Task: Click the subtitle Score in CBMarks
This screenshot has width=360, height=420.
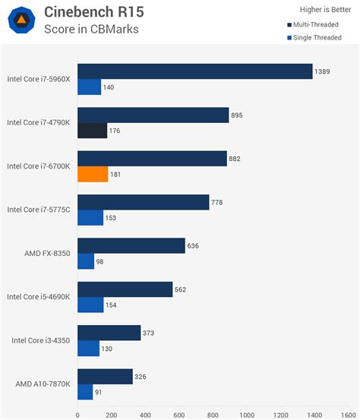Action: pyautogui.click(x=91, y=30)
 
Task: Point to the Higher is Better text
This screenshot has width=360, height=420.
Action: pyautogui.click(x=322, y=10)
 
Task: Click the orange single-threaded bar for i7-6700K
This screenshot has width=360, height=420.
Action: pyautogui.click(x=93, y=174)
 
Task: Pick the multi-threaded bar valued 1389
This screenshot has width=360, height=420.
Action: pyautogui.click(x=194, y=71)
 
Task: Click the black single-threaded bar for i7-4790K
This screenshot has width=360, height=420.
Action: pyautogui.click(x=92, y=131)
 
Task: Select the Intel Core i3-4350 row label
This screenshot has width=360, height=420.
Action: pyautogui.click(x=42, y=341)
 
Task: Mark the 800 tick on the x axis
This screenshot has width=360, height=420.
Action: pyautogui.click(x=213, y=415)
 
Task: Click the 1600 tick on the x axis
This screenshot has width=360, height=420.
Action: pyautogui.click(x=349, y=415)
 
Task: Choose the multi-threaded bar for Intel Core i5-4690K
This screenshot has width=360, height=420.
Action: pyautogui.click(x=125, y=289)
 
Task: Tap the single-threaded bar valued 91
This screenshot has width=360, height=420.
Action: pyautogui.click(x=85, y=393)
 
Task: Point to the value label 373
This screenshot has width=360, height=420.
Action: pyautogui.click(x=150, y=333)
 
